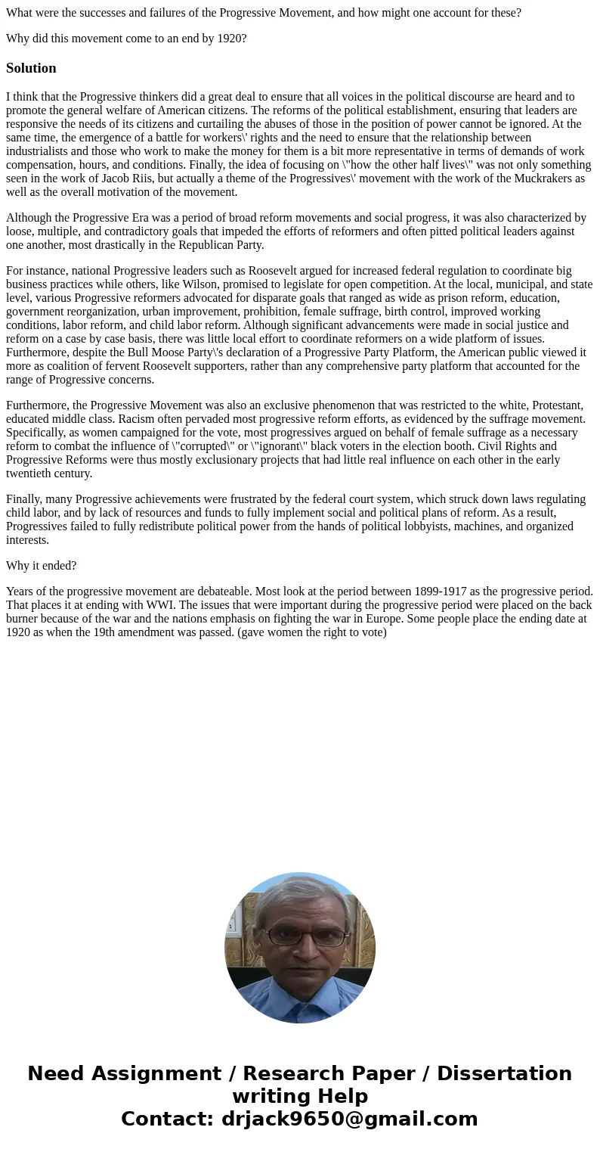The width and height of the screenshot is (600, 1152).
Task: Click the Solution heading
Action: [x=31, y=68]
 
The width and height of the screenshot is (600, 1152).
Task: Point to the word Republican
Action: [x=205, y=245]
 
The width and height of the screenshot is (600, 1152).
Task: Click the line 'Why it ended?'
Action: [x=41, y=566]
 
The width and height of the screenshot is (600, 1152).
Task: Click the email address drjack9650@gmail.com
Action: [x=349, y=1119]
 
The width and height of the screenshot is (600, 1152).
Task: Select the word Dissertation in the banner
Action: [x=504, y=1073]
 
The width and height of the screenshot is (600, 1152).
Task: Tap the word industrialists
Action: [x=39, y=151]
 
